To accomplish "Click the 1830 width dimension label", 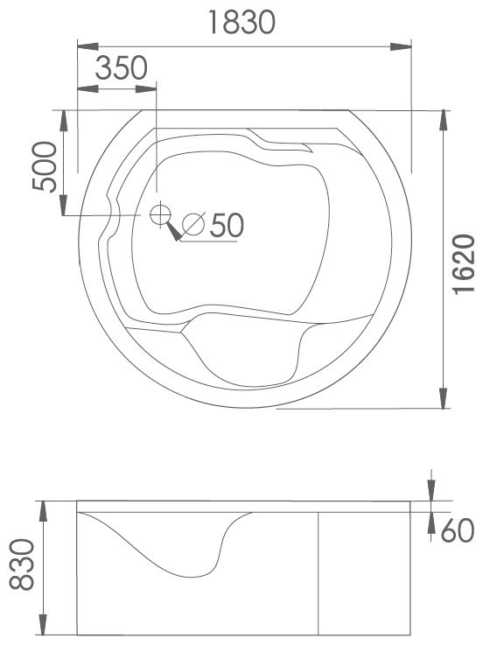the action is click(x=241, y=22).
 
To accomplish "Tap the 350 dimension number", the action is click(x=121, y=68).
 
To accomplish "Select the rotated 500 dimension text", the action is click(x=45, y=166).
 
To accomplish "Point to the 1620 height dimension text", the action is click(x=464, y=264).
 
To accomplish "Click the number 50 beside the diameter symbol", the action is click(x=227, y=225).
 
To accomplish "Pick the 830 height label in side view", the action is click(x=22, y=564).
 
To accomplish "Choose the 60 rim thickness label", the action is click(x=457, y=530).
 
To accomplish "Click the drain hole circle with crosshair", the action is click(x=160, y=214).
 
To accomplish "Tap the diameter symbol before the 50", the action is click(x=193, y=224).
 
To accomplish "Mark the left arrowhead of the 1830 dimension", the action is click(x=88, y=46).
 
